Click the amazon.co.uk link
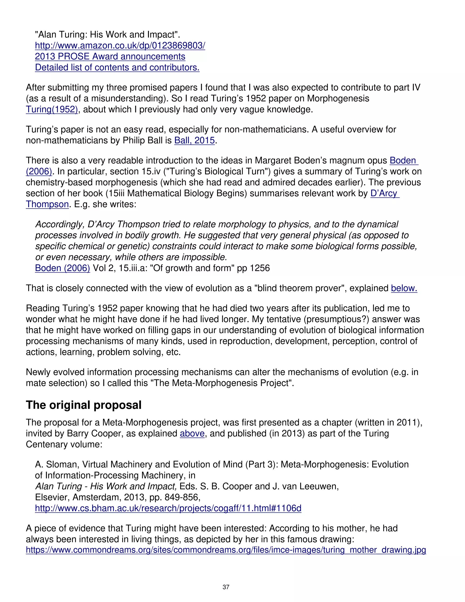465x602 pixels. point(120,45)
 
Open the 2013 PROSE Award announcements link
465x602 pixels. point(110,57)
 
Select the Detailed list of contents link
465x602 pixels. point(117,67)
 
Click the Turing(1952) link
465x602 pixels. point(52,109)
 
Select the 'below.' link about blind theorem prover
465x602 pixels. point(404,288)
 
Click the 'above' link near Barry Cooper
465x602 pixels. point(192,434)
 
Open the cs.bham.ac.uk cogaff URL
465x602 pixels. point(168,508)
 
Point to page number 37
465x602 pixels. point(226,587)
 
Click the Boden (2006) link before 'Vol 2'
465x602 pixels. point(62,268)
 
